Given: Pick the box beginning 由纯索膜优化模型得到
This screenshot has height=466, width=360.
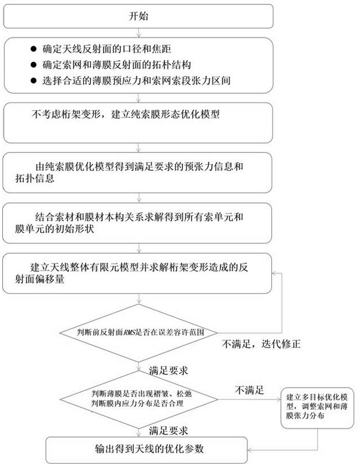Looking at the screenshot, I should (x=138, y=172).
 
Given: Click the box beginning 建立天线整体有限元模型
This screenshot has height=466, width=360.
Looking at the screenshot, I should (x=138, y=273).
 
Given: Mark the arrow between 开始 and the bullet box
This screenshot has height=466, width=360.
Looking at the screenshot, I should (x=138, y=33).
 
